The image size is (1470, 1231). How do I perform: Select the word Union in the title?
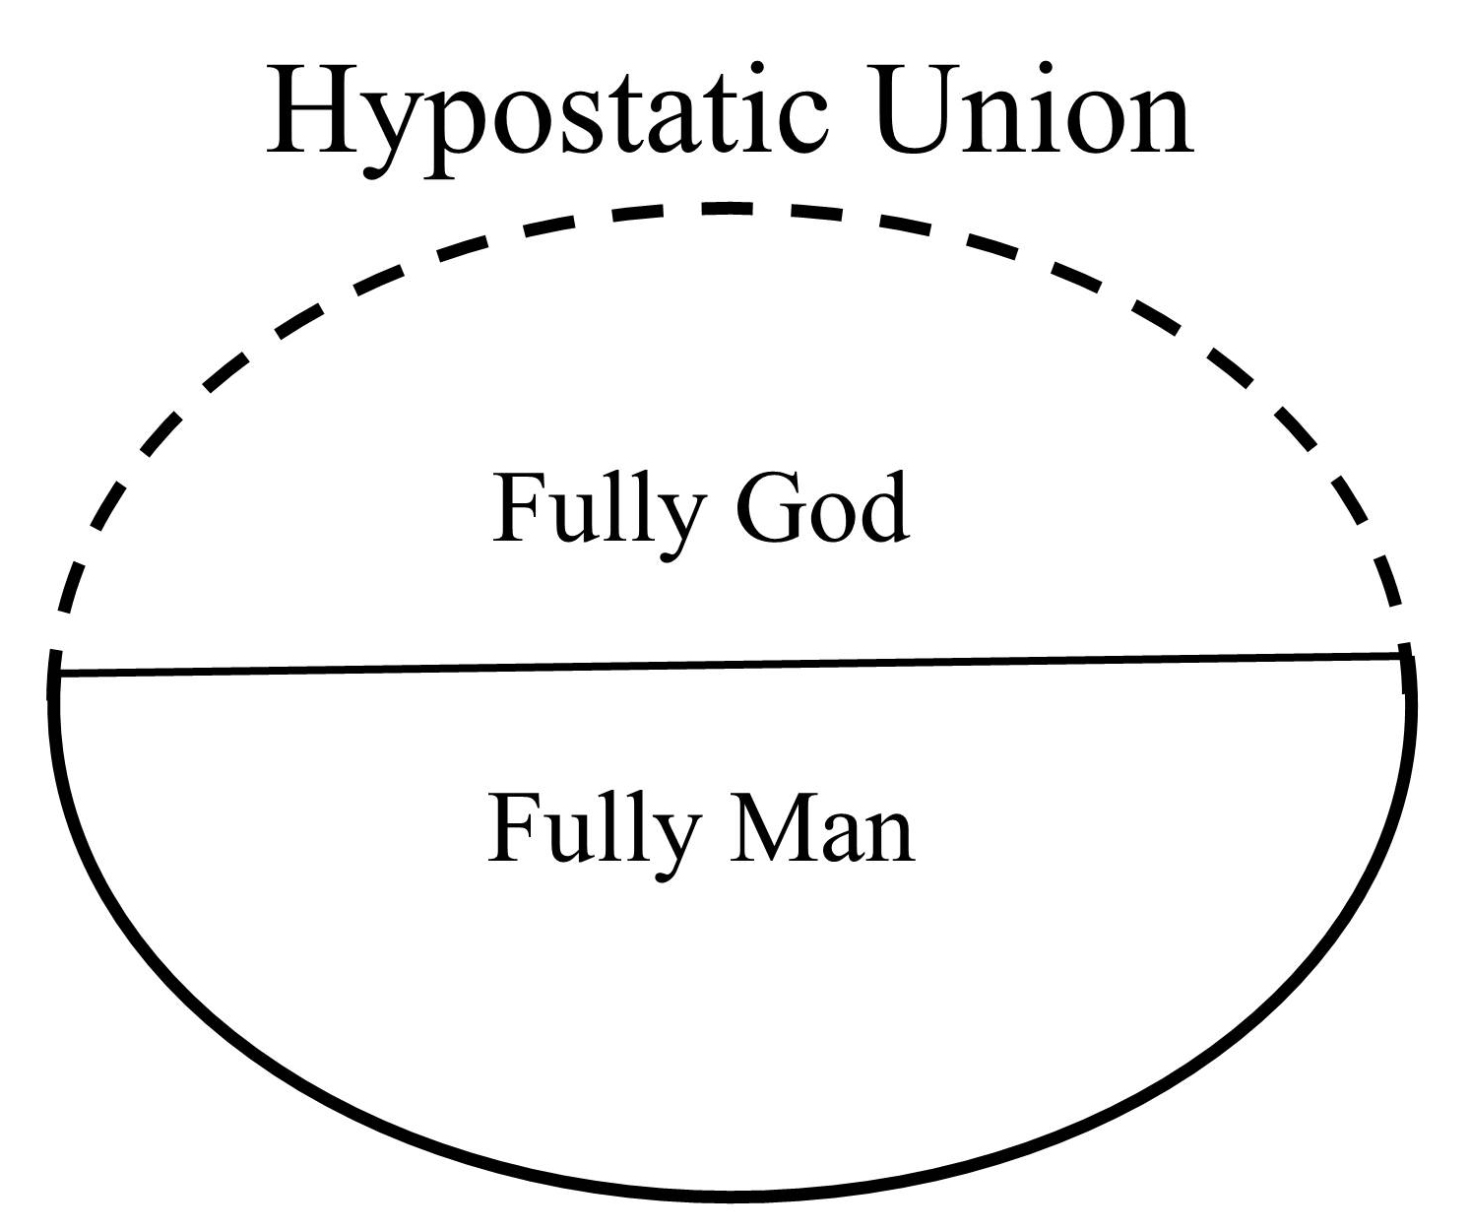[x=1034, y=108]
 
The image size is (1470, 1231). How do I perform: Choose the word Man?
[x=822, y=826]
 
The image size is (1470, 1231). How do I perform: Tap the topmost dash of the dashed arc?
[x=728, y=208]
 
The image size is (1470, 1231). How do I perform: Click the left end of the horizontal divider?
[x=60, y=675]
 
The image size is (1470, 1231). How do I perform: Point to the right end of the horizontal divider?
[x=1401, y=656]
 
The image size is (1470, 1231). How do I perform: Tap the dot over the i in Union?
[x=1046, y=68]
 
